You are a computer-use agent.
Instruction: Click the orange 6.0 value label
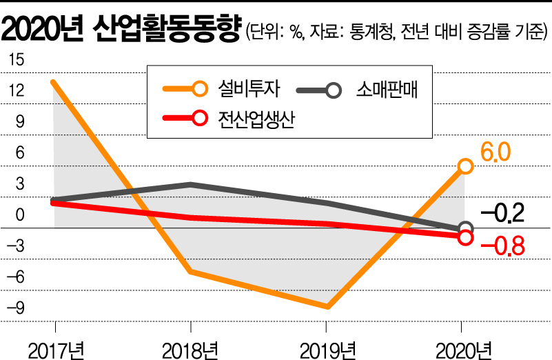click(495, 152)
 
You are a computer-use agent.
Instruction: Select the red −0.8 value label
click(503, 246)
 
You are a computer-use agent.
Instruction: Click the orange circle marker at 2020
click(466, 166)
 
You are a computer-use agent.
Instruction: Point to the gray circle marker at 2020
click(466, 228)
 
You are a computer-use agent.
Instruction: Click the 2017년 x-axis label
click(55, 348)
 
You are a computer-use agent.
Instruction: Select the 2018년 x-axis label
click(190, 348)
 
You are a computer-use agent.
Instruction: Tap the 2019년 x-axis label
click(327, 348)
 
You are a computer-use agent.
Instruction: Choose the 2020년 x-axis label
click(464, 348)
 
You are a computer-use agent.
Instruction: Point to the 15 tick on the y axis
click(15, 61)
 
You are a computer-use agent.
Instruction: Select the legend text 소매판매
click(387, 89)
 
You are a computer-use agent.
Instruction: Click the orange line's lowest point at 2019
click(327, 307)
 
